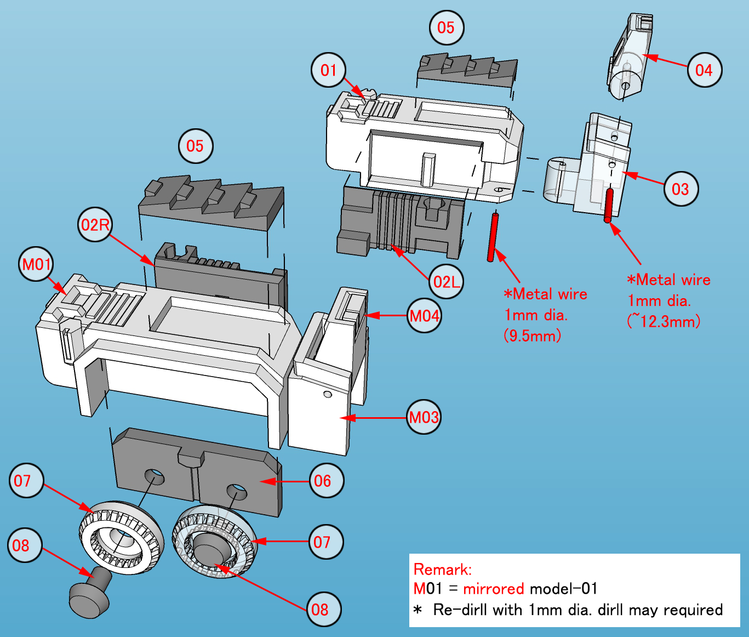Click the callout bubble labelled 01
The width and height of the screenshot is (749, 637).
click(328, 70)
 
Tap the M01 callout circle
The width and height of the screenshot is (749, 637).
click(36, 264)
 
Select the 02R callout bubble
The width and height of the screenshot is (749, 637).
click(95, 225)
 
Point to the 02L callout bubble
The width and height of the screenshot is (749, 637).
click(446, 282)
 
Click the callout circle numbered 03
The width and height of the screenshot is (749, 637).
click(680, 189)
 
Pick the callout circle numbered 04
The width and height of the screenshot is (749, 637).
click(704, 70)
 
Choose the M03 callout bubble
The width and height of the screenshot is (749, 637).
click(424, 418)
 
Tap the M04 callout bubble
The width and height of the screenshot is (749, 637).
click(425, 316)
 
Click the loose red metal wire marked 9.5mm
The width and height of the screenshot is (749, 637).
click(493, 237)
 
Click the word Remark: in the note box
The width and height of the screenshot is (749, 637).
click(443, 569)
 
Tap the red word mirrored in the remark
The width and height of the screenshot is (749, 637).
click(493, 589)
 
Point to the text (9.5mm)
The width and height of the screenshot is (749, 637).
click(532, 335)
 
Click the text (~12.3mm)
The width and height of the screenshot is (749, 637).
click(664, 321)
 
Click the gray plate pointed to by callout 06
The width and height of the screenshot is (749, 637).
click(197, 471)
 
